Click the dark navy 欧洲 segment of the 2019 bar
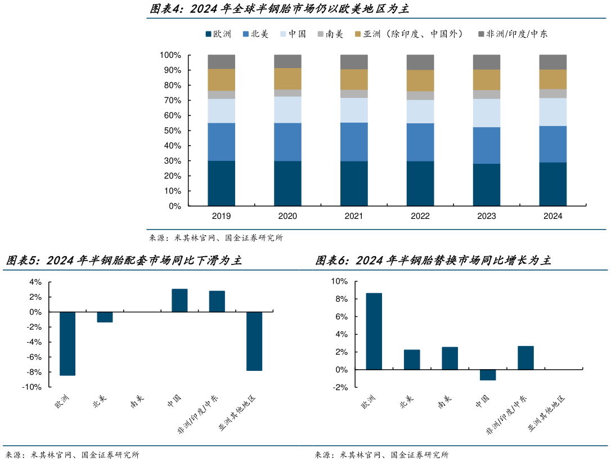coord(221,183)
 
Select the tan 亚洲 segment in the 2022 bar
coord(420,80)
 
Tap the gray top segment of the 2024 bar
coord(552,62)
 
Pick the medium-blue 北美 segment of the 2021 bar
coord(354,142)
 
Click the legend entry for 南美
coord(332,34)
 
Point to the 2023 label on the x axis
coord(487,216)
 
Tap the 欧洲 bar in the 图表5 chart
coord(68,343)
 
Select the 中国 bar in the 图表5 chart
coord(179,300)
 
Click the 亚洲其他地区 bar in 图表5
coord(254,341)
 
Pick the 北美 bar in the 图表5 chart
coord(105,317)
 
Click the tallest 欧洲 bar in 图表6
coord(374,331)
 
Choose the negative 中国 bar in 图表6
coord(488,375)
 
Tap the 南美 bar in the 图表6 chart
coord(450,358)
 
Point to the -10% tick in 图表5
coord(32,387)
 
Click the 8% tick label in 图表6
coord(342,299)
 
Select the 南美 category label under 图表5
coord(137,401)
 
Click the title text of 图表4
coord(279,9)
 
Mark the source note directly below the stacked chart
coord(216,238)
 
